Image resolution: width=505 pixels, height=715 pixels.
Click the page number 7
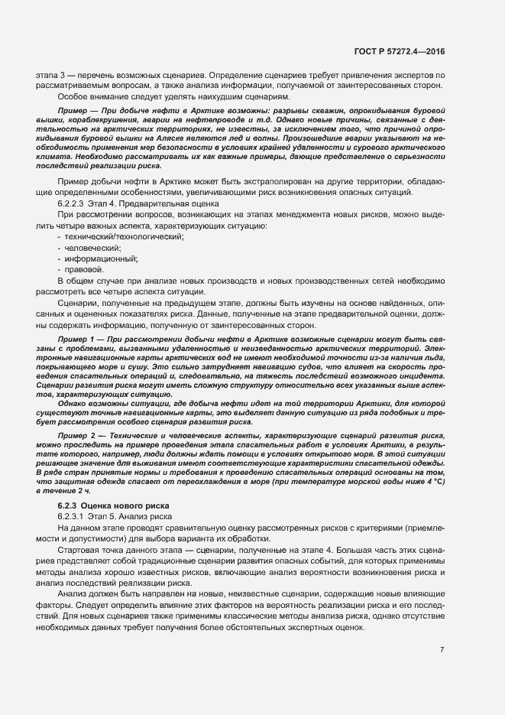(x=442, y=650)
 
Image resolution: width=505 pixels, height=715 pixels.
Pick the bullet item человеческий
(x=92, y=249)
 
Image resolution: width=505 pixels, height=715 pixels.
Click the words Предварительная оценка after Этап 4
(x=156, y=204)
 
